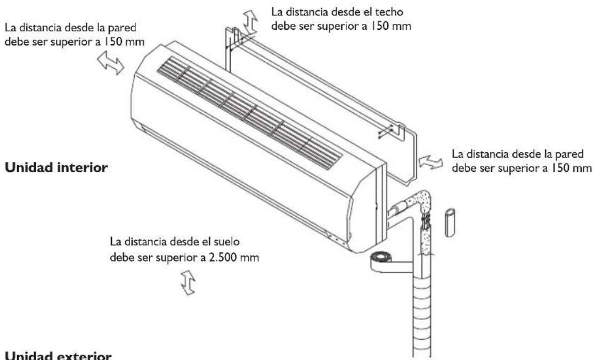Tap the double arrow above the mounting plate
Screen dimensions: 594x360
coord(250,21)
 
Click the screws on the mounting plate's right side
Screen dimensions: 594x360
coord(390,130)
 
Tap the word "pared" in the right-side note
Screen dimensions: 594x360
coord(571,154)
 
